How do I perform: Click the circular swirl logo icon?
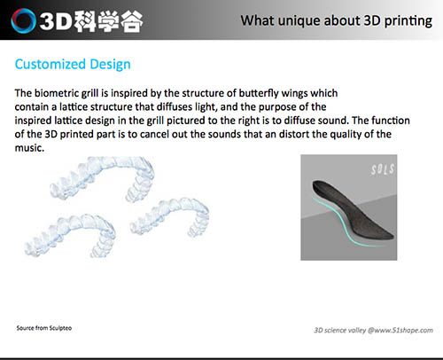24,20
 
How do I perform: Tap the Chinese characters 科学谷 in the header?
108,21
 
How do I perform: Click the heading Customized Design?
73,64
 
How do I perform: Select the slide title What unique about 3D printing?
337,20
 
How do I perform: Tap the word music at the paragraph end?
29,147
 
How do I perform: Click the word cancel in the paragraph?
154,134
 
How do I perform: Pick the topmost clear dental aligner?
103,178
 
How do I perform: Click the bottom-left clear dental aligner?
71,235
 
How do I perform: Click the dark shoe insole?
351,212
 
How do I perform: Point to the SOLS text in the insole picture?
383,169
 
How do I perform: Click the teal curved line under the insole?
342,224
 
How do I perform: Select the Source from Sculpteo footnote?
44,328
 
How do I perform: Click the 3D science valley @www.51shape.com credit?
373,330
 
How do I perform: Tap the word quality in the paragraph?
346,134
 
